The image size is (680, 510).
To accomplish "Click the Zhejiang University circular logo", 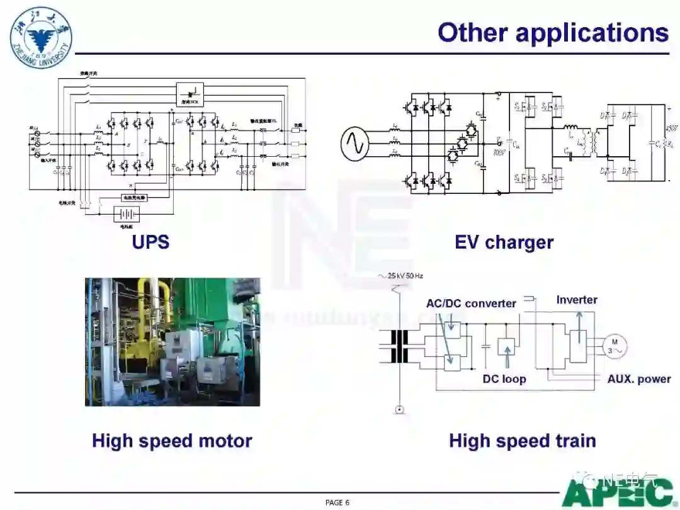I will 41,38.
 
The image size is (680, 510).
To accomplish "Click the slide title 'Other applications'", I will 553,33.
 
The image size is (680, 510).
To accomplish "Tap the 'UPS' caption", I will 150,242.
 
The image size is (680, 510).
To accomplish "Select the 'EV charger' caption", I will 504,242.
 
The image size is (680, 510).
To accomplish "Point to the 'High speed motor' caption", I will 172,441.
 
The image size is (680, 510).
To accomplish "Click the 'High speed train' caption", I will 522,441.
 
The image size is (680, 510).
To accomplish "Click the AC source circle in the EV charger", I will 354,144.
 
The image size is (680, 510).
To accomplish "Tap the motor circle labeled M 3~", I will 615,346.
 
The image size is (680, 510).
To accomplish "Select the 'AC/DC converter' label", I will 471,303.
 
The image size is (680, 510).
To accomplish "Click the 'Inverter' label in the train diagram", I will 577,300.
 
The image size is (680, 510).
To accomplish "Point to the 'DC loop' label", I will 504,379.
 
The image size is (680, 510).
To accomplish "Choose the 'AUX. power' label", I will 638,379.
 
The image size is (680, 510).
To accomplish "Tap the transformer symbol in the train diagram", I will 399,346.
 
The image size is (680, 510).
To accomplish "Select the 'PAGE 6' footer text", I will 337,502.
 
